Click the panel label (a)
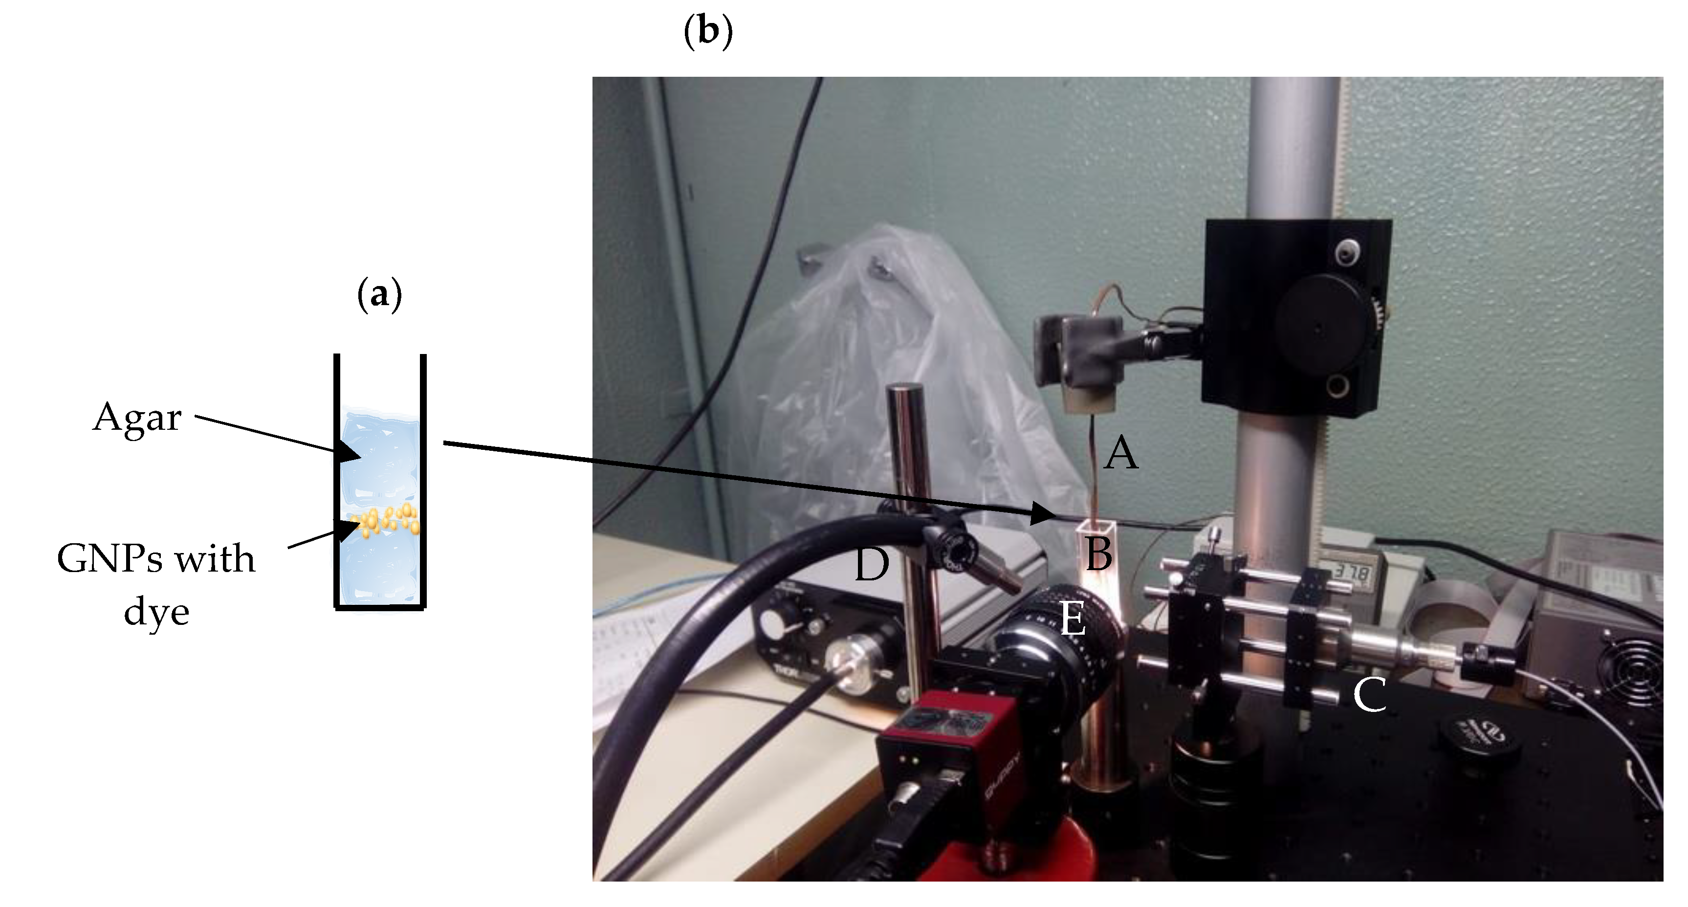(x=379, y=294)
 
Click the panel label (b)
(x=708, y=31)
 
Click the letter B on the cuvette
(x=1099, y=554)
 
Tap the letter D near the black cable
(x=872, y=565)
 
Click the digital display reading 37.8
(x=1351, y=574)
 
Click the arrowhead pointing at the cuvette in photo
(x=1042, y=513)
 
